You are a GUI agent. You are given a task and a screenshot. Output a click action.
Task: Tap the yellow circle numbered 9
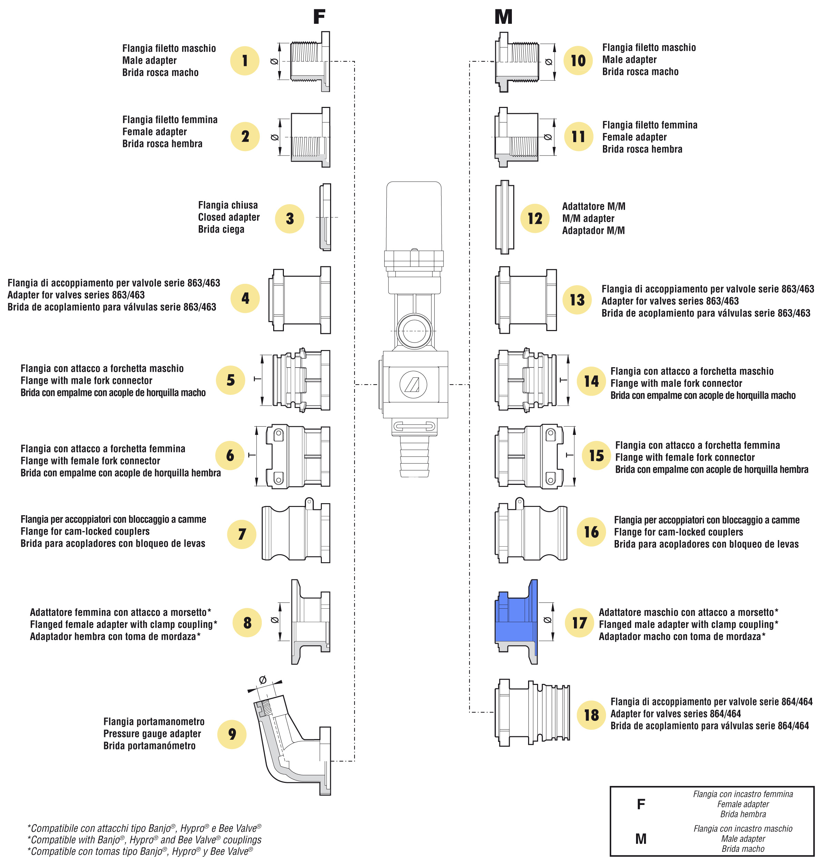[232, 734]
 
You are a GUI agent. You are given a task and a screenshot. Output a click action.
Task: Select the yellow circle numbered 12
[535, 218]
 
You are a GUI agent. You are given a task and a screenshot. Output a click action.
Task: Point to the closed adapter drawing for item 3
[325, 217]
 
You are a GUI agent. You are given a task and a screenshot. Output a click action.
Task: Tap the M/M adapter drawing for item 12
[505, 217]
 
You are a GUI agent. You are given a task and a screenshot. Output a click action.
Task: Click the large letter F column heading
[319, 17]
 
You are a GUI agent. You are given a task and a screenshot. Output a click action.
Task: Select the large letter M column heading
[503, 17]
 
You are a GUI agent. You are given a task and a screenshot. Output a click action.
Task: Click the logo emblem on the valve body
[413, 384]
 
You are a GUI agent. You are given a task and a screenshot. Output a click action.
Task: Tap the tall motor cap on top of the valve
[414, 215]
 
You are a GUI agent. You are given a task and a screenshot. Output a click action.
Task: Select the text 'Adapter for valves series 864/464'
[676, 714]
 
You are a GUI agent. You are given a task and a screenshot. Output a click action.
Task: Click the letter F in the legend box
[641, 804]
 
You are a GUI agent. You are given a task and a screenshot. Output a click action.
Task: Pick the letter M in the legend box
[641, 838]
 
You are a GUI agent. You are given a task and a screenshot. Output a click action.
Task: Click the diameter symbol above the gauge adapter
[263, 680]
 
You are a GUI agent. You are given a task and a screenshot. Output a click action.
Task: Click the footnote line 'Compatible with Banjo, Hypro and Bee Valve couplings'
[145, 839]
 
